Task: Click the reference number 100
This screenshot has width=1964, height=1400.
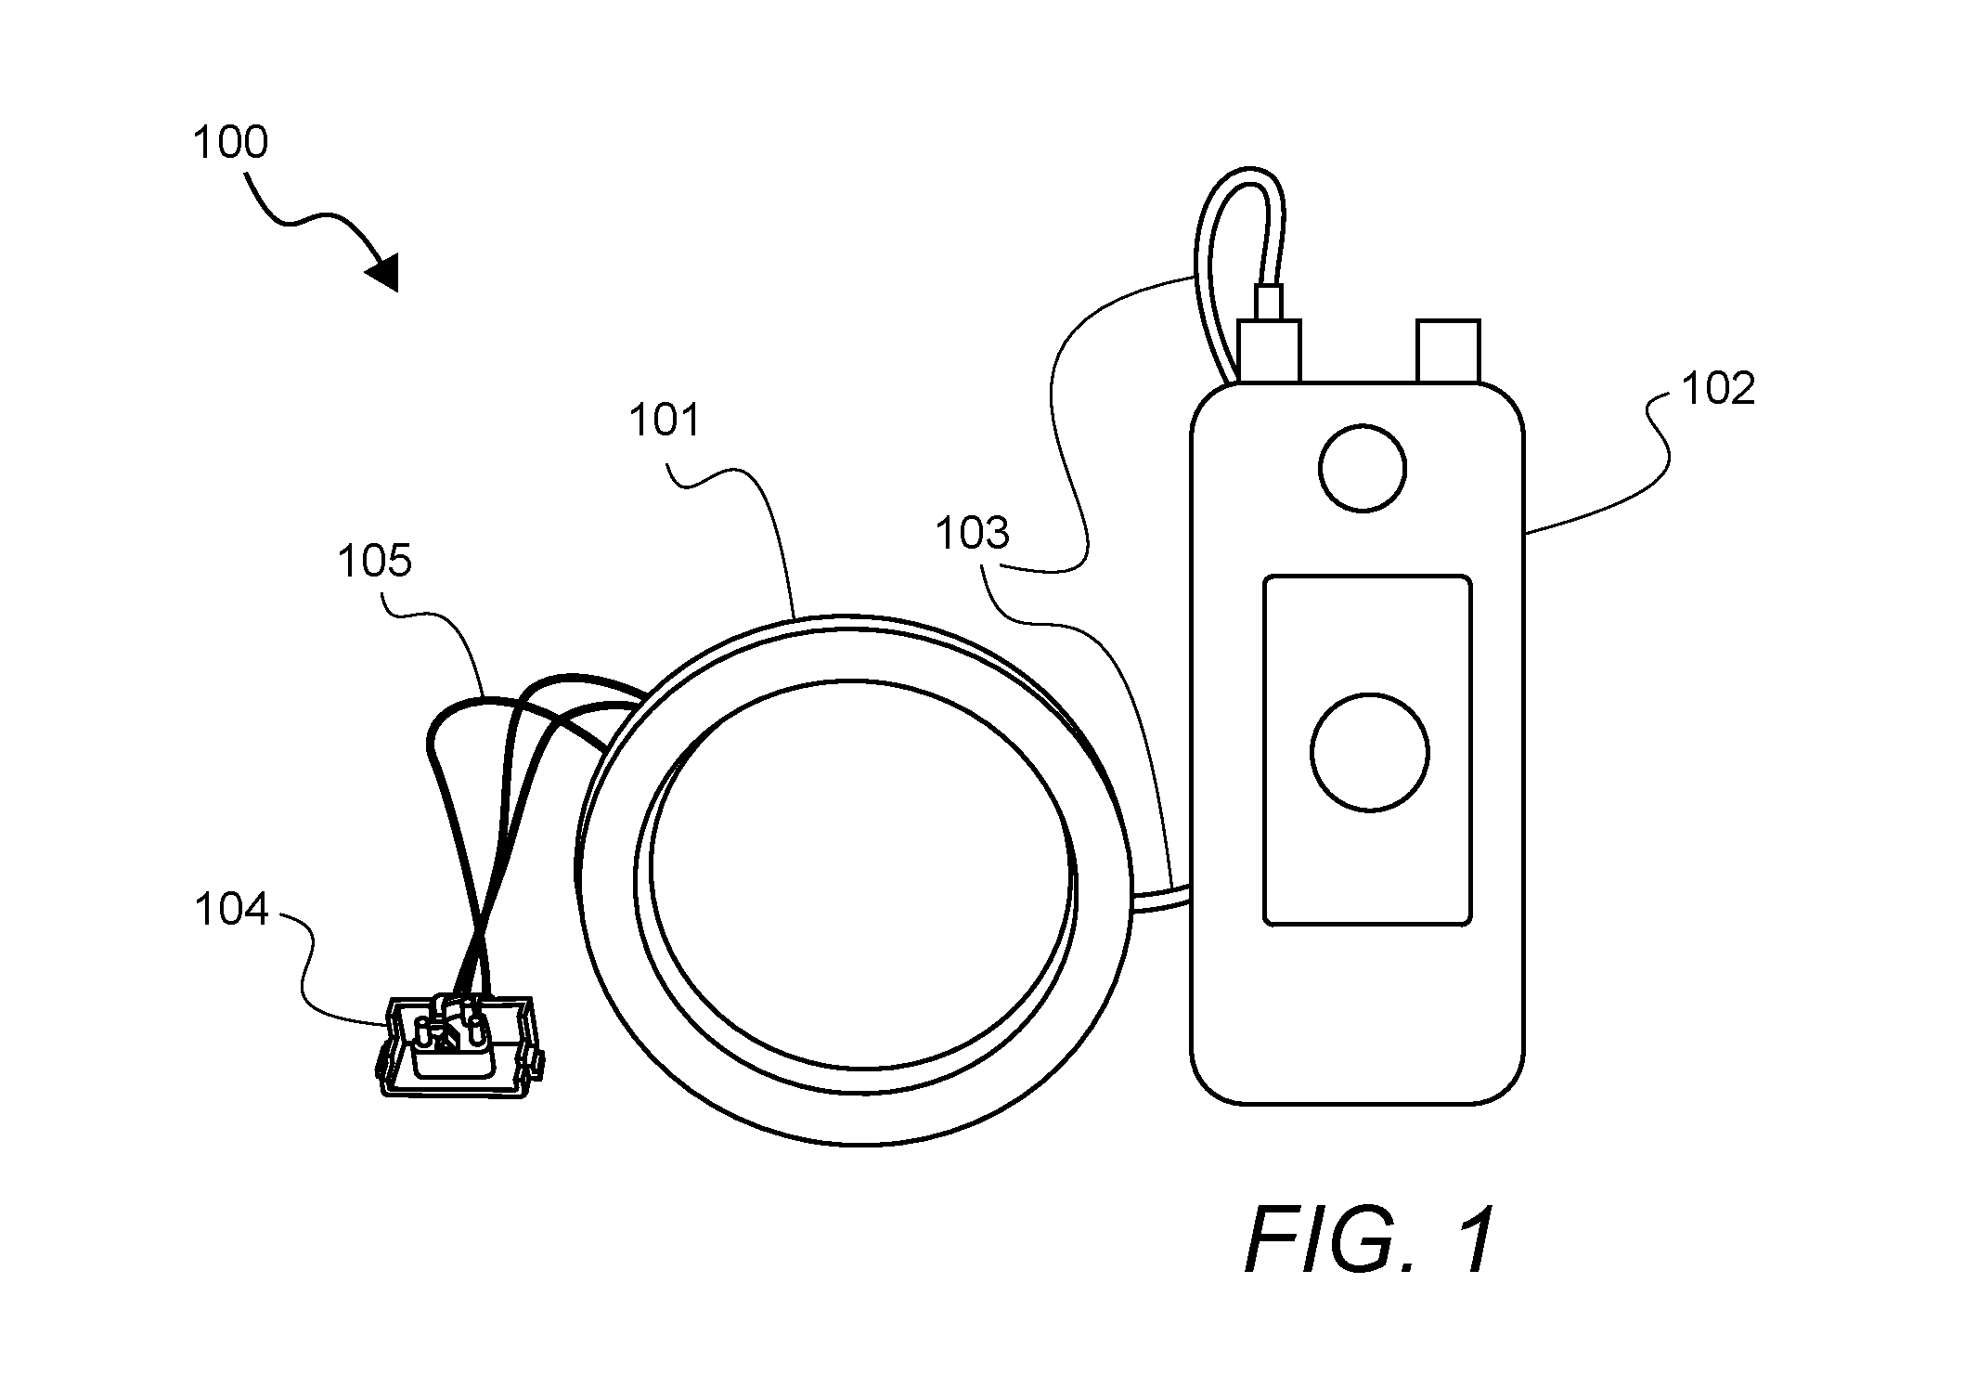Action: click(230, 143)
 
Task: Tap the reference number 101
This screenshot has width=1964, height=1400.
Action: click(665, 421)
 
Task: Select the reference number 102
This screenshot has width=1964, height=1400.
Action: click(1719, 388)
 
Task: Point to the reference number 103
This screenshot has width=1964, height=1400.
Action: click(972, 534)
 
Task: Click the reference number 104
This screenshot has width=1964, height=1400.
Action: click(231, 909)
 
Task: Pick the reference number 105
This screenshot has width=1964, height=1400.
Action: click(375, 562)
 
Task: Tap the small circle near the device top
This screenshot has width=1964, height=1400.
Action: click(1363, 468)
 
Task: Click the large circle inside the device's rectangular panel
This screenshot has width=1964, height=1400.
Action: click(1370, 752)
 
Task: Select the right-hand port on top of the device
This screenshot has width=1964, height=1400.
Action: click(1447, 351)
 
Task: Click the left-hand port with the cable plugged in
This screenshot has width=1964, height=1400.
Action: click(1269, 351)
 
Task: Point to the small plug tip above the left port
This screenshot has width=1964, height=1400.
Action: click(1268, 302)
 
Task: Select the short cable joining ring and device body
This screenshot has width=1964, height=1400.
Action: click(1160, 898)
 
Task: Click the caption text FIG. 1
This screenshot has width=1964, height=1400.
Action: click(1371, 1240)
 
